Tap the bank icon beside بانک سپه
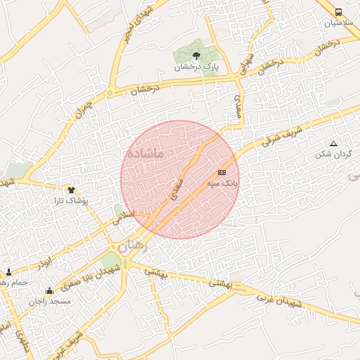coord(221,172)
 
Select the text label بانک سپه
coord(222,182)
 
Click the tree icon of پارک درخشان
coord(197,56)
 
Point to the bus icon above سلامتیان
coord(339,12)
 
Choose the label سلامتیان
coord(339,22)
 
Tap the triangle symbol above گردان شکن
coord(333,143)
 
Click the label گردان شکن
coord(333,153)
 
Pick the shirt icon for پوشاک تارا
coord(70,189)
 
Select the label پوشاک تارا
coord(70,200)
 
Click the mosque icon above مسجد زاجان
coord(49,291)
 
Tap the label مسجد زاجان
coord(50,301)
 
